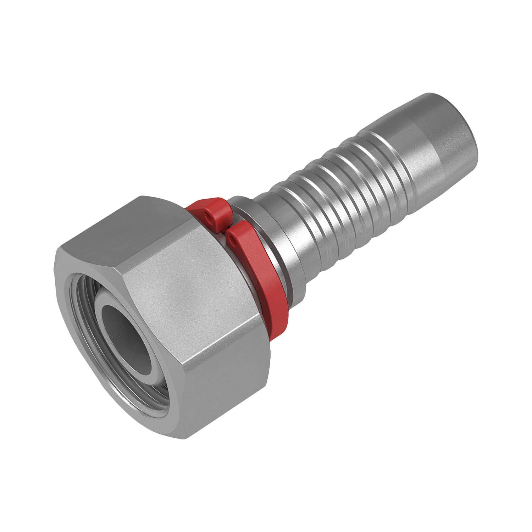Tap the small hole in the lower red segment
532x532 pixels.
pos(233,242)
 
